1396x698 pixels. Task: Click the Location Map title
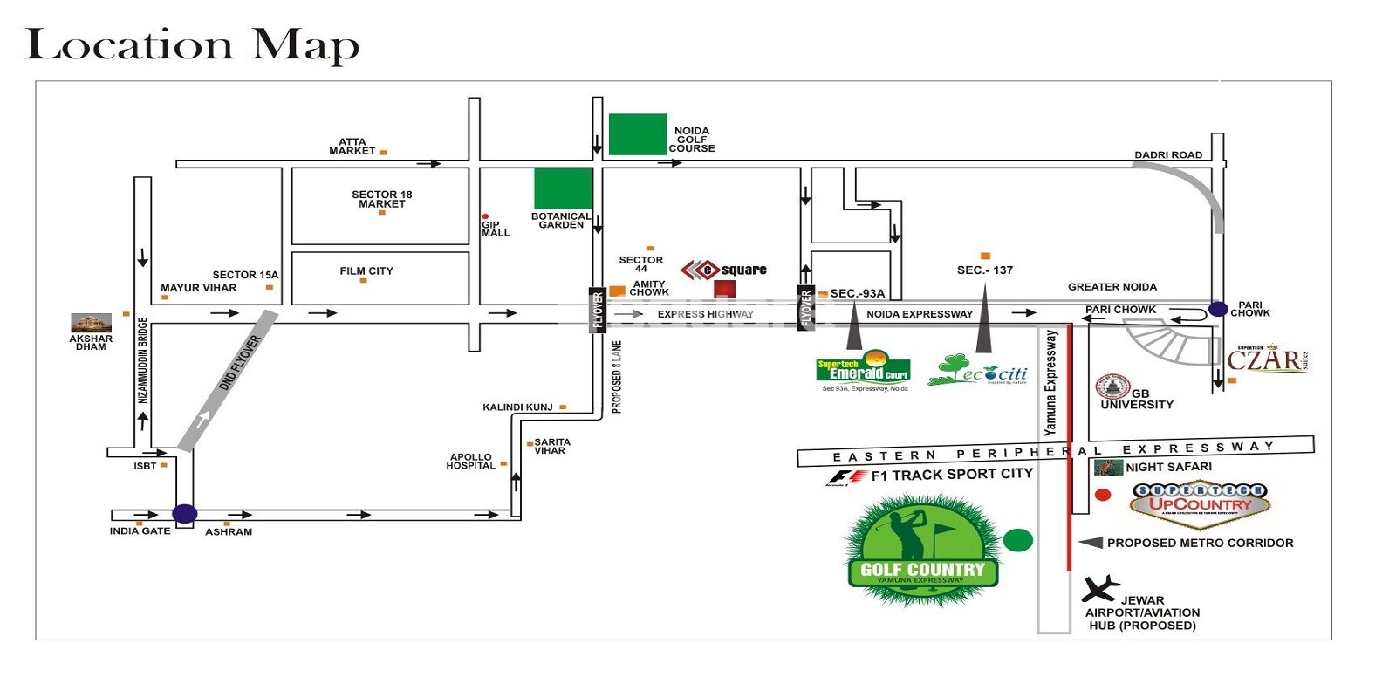click(193, 45)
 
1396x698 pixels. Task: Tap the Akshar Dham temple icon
click(92, 322)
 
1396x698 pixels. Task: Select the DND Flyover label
click(239, 363)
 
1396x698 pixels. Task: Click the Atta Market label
click(352, 147)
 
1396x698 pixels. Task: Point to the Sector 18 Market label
click(382, 199)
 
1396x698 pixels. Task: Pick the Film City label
click(366, 271)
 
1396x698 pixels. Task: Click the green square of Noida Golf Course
click(638, 134)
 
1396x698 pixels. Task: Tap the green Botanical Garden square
click(563, 188)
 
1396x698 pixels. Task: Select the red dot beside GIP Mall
click(485, 216)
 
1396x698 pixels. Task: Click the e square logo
click(724, 270)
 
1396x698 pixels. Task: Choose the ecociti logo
click(978, 371)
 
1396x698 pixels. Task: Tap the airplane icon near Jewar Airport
click(1099, 589)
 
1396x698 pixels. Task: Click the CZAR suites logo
click(1267, 359)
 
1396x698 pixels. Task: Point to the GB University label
click(1137, 400)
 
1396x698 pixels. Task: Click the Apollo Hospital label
click(471, 462)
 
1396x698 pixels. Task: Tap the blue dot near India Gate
click(185, 514)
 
